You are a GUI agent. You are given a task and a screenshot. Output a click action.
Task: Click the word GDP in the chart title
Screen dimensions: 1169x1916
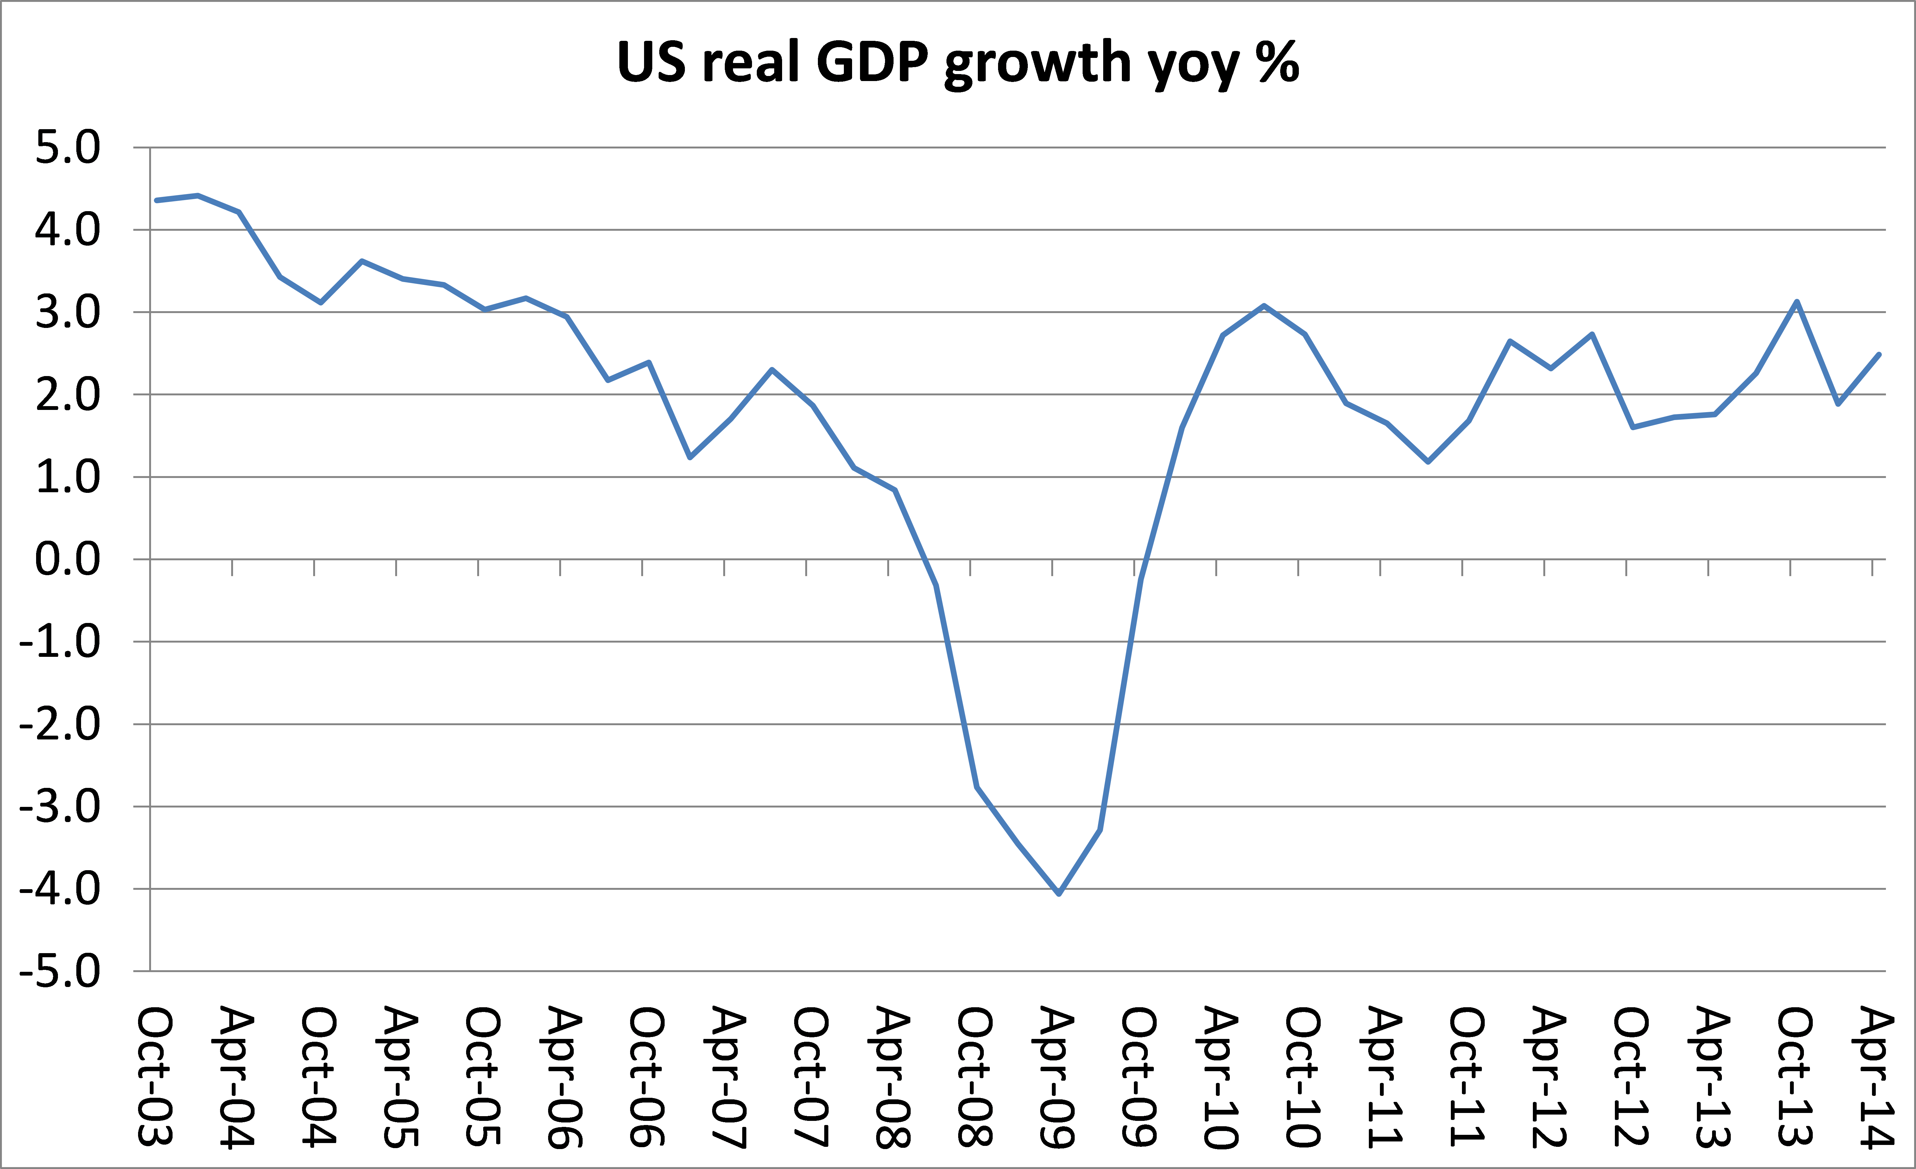pos(872,62)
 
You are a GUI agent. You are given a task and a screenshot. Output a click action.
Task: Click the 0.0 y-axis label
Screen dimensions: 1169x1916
pos(68,560)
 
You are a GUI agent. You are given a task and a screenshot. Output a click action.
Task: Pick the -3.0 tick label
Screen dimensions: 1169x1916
pos(60,807)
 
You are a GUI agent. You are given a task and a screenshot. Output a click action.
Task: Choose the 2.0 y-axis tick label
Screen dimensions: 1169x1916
pos(68,395)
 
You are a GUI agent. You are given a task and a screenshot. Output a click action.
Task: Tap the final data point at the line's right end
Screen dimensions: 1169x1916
pos(1879,355)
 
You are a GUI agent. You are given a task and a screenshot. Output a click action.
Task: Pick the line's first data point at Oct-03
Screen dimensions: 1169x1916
pos(157,201)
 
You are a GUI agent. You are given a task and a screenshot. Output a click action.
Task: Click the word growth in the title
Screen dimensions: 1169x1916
pos(1037,62)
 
